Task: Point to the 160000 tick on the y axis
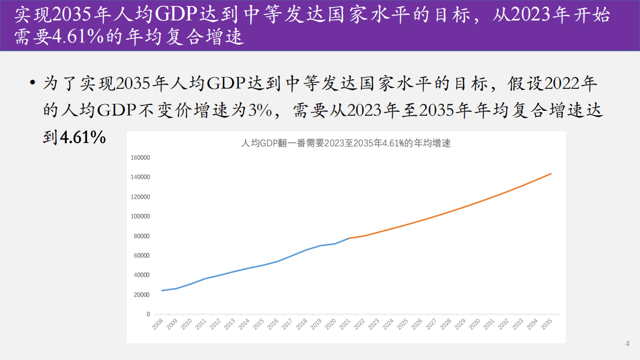(x=140, y=158)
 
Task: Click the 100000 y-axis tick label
(x=140, y=216)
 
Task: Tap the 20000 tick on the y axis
(x=142, y=295)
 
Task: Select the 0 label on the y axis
(x=148, y=314)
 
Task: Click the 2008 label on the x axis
(x=158, y=324)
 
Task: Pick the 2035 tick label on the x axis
(x=547, y=324)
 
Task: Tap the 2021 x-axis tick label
(x=345, y=324)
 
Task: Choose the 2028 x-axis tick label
(x=446, y=324)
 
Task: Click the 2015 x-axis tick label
(x=259, y=324)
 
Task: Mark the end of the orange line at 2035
(x=551, y=173)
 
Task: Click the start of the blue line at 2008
(x=162, y=291)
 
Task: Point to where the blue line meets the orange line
(x=349, y=238)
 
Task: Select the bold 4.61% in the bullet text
(x=82, y=137)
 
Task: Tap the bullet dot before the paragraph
(x=33, y=83)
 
